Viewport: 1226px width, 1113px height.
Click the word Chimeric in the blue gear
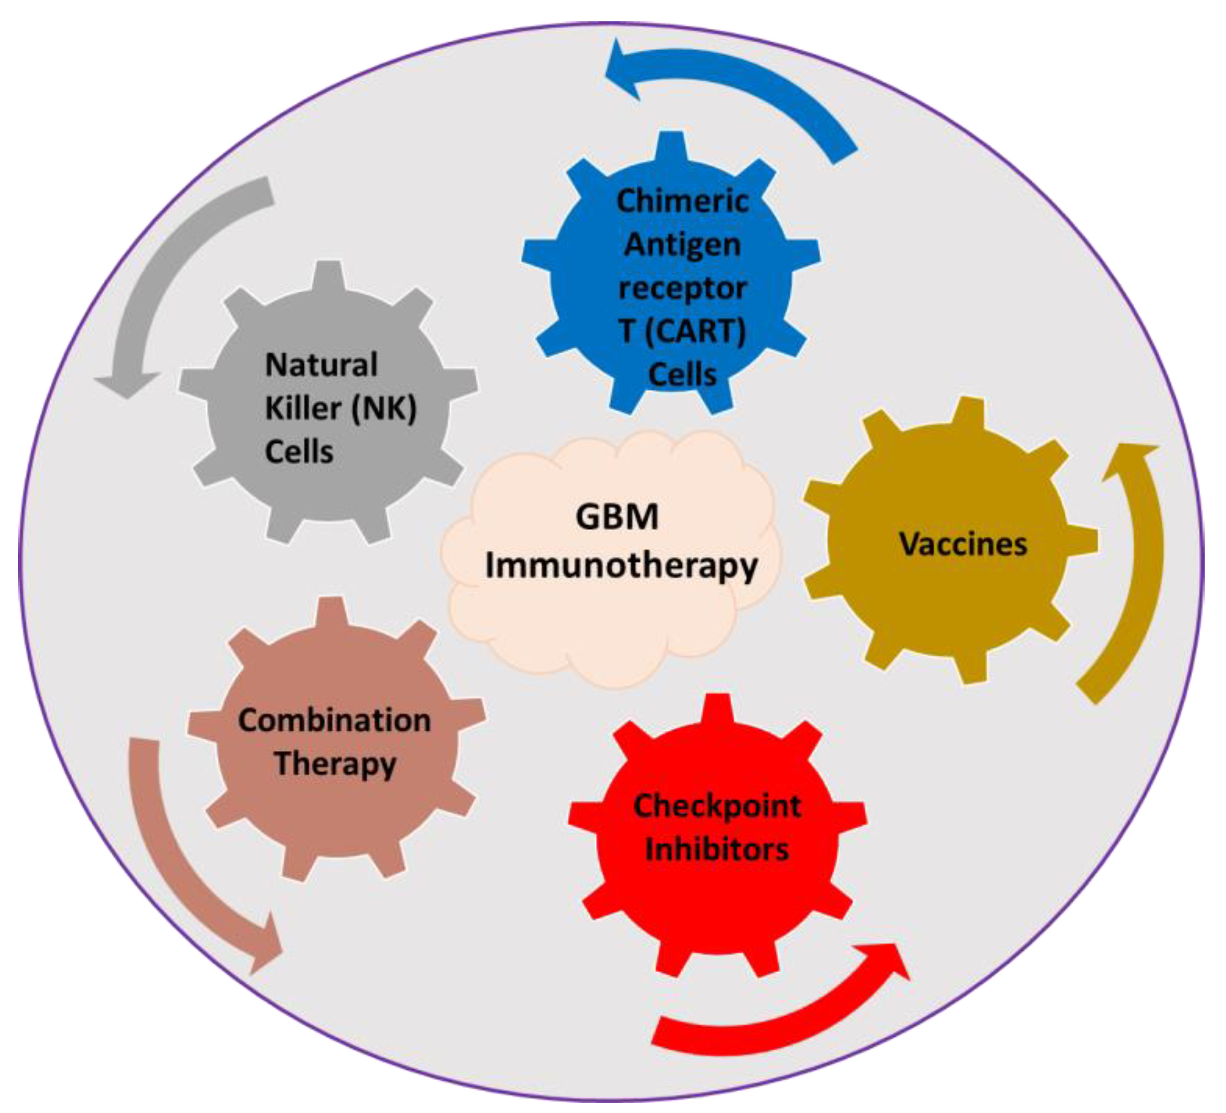tap(682, 201)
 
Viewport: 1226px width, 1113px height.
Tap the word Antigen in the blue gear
tap(682, 245)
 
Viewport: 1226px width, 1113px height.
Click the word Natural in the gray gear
tap(321, 365)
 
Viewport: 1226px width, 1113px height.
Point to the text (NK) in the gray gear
tap(384, 408)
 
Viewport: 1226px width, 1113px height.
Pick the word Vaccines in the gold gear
tap(963, 543)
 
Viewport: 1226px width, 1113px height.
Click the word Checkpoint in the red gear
tap(717, 806)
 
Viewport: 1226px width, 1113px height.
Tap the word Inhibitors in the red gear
tap(717, 849)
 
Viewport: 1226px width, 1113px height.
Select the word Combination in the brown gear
tap(334, 720)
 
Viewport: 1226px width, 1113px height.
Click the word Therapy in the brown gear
tap(335, 764)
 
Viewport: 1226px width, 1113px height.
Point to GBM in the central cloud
tap(617, 517)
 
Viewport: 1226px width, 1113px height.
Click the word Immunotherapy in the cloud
tap(621, 566)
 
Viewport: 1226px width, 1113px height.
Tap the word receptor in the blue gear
tap(682, 288)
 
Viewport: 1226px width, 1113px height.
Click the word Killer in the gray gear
tap(302, 408)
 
